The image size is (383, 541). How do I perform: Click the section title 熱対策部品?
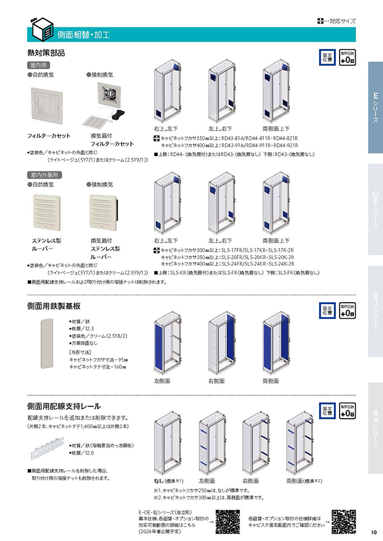point(46,53)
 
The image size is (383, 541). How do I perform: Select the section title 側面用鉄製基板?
point(54,305)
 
